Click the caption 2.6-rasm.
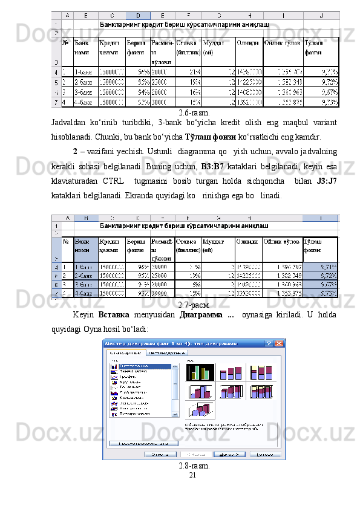[195, 112]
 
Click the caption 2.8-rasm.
[195, 465]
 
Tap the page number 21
[193, 476]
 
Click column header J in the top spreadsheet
[320, 15]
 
